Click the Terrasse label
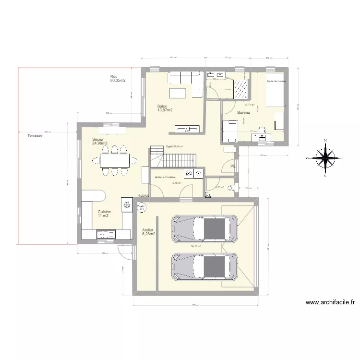tap(35, 136)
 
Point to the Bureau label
tap(244, 112)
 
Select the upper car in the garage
tap(205, 228)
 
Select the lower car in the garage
tap(205, 267)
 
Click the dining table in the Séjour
tap(115, 159)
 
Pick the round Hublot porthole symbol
tap(142, 207)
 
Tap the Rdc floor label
tap(117, 79)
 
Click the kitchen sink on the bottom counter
tap(106, 234)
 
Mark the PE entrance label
tap(233, 166)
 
